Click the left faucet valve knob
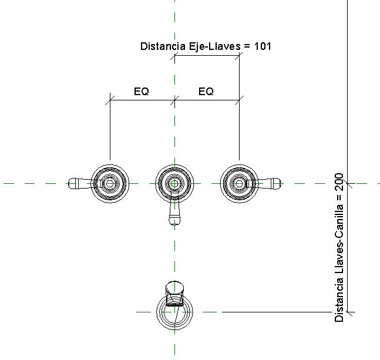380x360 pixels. click(x=110, y=183)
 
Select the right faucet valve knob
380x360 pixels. click(x=238, y=183)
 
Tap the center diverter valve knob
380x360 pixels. click(x=174, y=183)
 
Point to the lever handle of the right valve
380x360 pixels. click(x=270, y=183)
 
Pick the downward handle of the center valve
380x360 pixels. click(x=174, y=214)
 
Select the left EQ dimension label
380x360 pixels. click(x=142, y=92)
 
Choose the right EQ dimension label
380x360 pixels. click(x=206, y=92)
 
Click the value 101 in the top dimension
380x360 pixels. click(x=263, y=46)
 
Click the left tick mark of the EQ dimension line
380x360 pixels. click(x=110, y=100)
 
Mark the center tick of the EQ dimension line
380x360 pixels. click(x=174, y=100)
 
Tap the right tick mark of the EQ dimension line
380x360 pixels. click(x=238, y=100)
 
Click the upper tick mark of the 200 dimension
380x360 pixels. click(x=349, y=183)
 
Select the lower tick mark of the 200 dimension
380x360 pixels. click(x=349, y=312)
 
